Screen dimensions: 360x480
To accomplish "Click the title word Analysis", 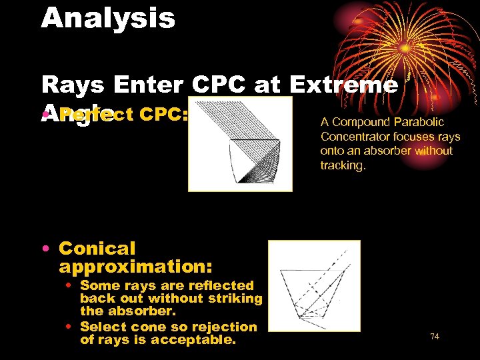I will (x=108, y=18).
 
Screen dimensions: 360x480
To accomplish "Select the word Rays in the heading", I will (x=73, y=85).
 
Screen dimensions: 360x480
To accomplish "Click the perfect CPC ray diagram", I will (x=239, y=144).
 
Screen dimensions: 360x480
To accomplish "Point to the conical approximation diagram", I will (x=313, y=285).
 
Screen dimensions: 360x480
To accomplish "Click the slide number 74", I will (x=435, y=337).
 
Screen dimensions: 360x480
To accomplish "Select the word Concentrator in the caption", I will (x=353, y=137).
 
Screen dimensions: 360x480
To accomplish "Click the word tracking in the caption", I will (x=343, y=165).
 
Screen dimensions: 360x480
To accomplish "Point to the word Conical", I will (x=97, y=249).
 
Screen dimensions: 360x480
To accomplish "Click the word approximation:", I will (x=135, y=267).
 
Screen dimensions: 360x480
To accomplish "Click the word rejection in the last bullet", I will (x=224, y=327).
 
